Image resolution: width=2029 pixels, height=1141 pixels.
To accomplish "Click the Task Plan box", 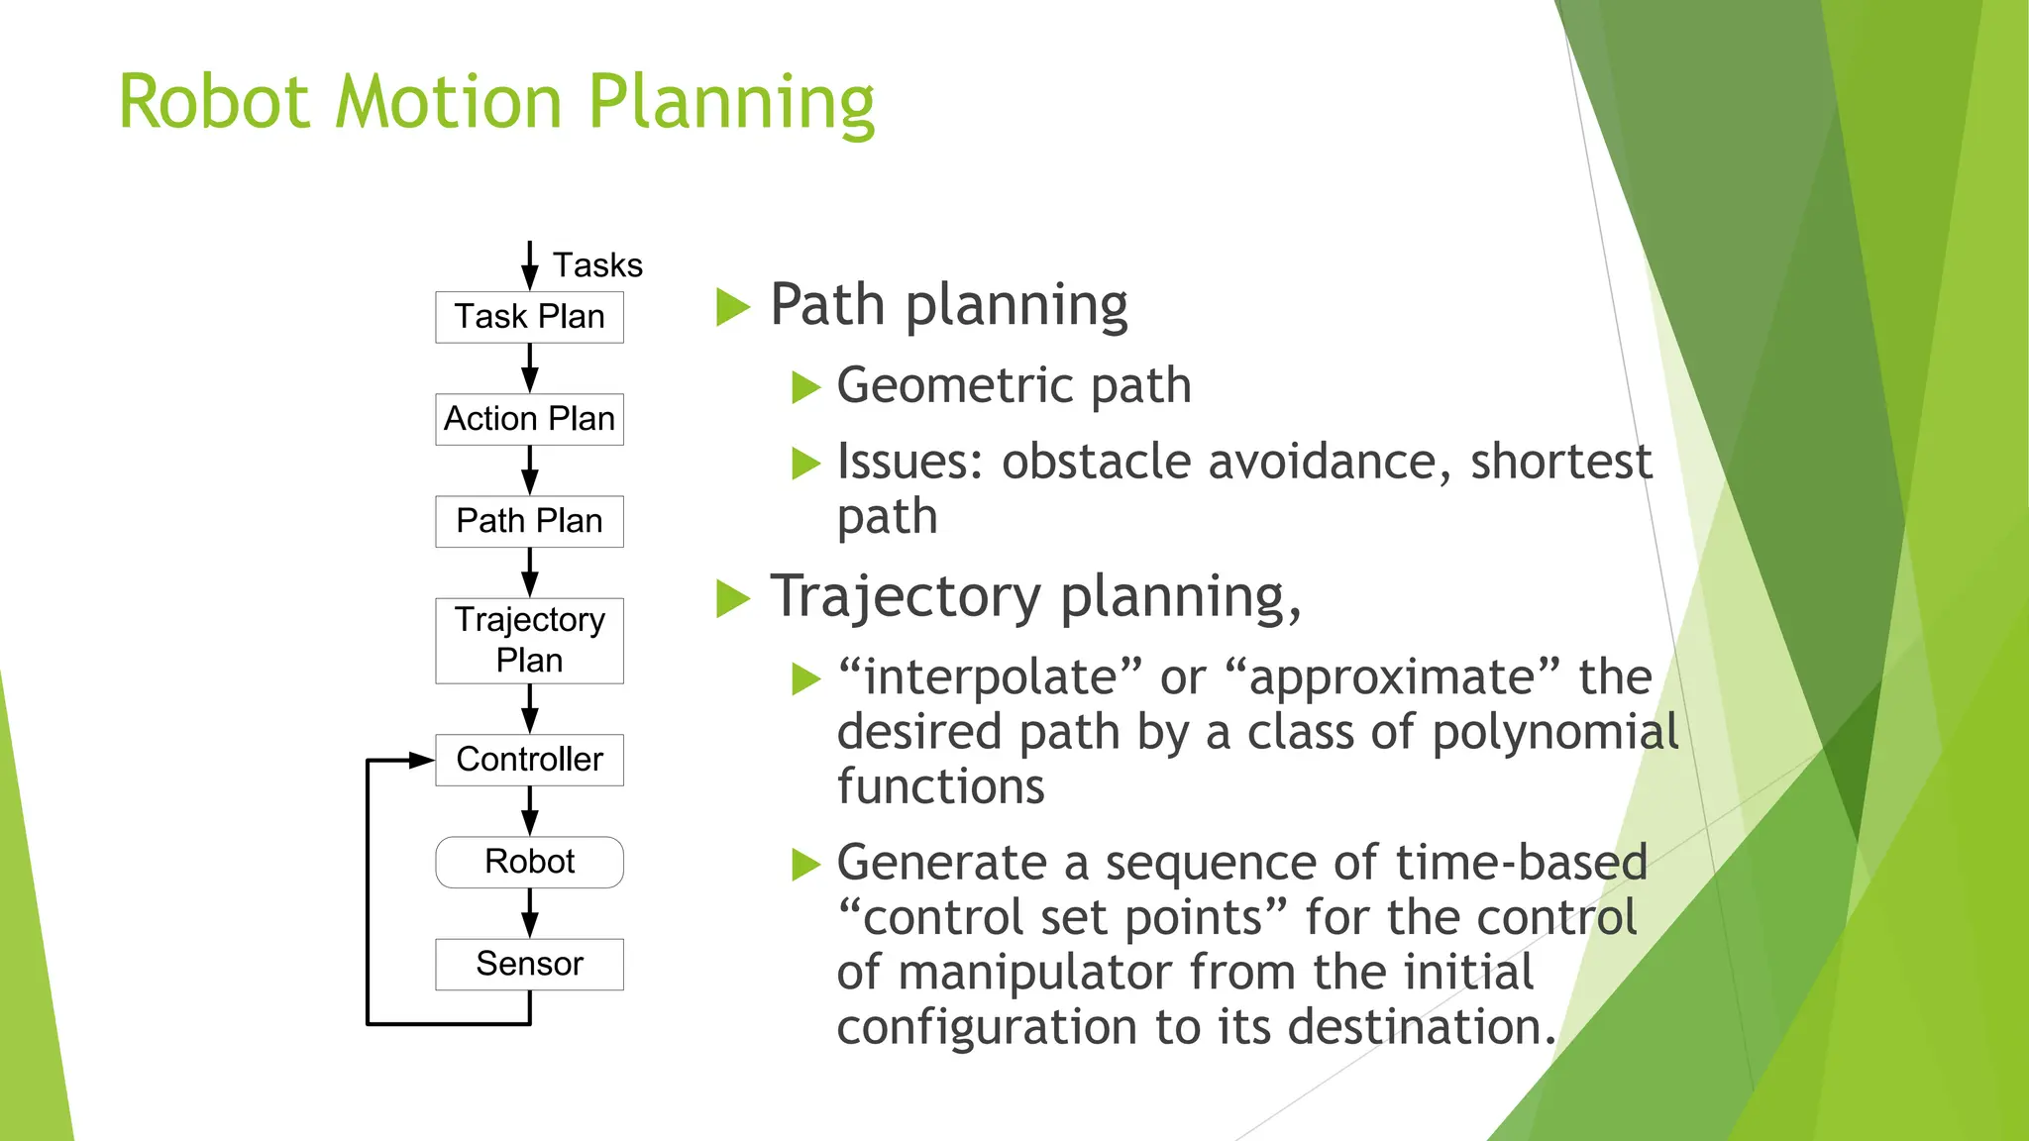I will tap(529, 317).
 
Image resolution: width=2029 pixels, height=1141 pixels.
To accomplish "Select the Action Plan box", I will tap(529, 419).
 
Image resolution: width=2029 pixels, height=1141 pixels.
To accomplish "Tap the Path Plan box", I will tap(529, 521).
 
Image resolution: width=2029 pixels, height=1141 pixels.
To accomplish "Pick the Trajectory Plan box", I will tap(529, 640).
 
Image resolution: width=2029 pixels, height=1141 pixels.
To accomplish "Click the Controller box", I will tap(529, 760).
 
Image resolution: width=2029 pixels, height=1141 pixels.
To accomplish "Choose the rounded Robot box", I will tap(529, 862).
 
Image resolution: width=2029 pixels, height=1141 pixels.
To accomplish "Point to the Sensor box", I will tap(529, 964).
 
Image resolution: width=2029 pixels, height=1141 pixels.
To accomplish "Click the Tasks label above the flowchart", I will tap(597, 265).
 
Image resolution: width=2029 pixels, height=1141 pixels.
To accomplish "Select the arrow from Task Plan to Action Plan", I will tap(530, 368).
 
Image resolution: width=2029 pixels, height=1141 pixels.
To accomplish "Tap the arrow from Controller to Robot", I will tap(530, 811).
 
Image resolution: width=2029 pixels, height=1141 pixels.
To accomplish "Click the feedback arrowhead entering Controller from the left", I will tap(422, 761).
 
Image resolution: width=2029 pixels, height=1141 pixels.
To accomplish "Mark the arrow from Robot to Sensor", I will tap(530, 913).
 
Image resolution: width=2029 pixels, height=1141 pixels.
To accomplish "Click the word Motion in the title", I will tap(449, 102).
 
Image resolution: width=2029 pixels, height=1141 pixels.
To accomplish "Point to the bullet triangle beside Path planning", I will tap(732, 306).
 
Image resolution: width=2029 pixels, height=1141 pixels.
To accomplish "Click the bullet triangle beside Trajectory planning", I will tap(732, 598).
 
